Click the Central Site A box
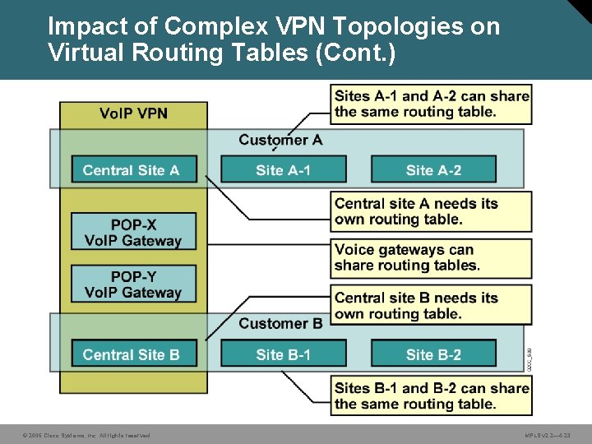tap(132, 170)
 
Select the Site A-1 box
tap(284, 170)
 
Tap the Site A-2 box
tap(433, 170)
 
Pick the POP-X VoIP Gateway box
tap(133, 232)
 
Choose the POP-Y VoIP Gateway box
tap(133, 284)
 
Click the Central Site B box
tap(132, 354)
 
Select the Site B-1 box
tap(284, 354)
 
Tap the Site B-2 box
tap(433, 354)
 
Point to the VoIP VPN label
tap(133, 113)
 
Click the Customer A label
tap(280, 140)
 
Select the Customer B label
tap(280, 323)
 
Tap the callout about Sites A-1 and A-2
tap(431, 104)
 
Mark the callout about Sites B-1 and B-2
tap(431, 395)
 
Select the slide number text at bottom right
tap(547, 435)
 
